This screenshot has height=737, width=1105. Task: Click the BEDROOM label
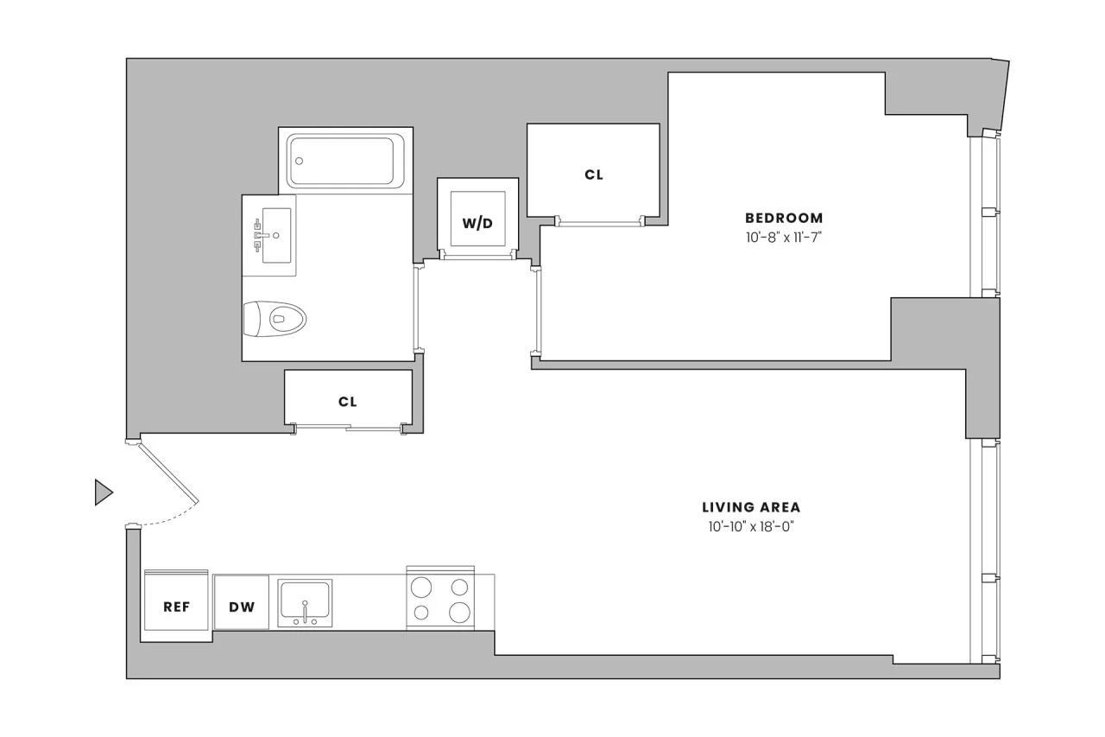(784, 219)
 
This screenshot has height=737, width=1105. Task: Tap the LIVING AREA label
(751, 508)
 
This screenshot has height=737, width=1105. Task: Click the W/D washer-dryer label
(477, 224)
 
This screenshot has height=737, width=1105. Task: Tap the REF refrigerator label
(176, 607)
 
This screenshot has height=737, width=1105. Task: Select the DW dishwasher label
(242, 607)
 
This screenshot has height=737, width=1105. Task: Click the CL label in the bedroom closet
(593, 175)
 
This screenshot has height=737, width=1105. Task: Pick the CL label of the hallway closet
(348, 402)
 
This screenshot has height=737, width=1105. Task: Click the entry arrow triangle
(103, 492)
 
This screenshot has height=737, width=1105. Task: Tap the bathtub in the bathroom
(345, 160)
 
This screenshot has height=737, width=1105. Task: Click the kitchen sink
(304, 598)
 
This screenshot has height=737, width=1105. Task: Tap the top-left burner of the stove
(421, 588)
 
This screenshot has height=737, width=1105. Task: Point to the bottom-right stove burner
(460, 613)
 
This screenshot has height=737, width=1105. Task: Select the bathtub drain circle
(300, 161)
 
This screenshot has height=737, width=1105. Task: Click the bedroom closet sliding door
(600, 221)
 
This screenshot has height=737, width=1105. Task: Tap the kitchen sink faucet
(305, 610)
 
